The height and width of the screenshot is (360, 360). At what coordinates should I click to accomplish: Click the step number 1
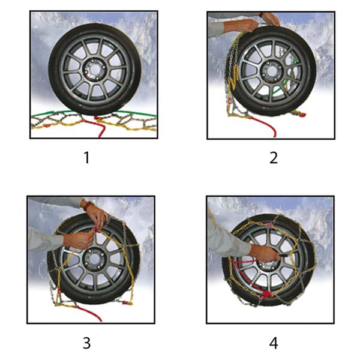click(87, 158)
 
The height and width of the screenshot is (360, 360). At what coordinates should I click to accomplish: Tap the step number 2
click(273, 158)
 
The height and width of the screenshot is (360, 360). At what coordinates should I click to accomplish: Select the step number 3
click(87, 343)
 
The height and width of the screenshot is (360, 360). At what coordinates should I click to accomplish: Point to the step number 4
click(273, 343)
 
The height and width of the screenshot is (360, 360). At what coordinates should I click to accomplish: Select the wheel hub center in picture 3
click(94, 259)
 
